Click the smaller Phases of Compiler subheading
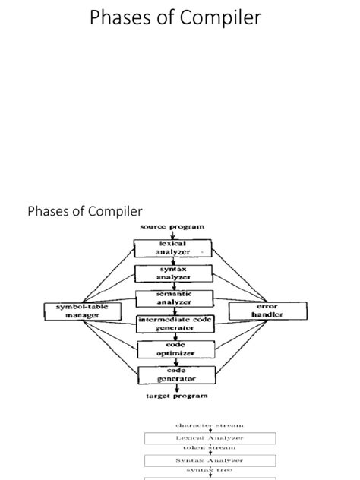(x=85, y=210)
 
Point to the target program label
(x=176, y=396)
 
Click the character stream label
(x=210, y=426)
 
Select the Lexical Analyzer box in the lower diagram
(x=210, y=438)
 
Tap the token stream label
(x=210, y=449)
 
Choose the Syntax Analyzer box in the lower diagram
(x=210, y=460)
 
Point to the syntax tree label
(x=210, y=471)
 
